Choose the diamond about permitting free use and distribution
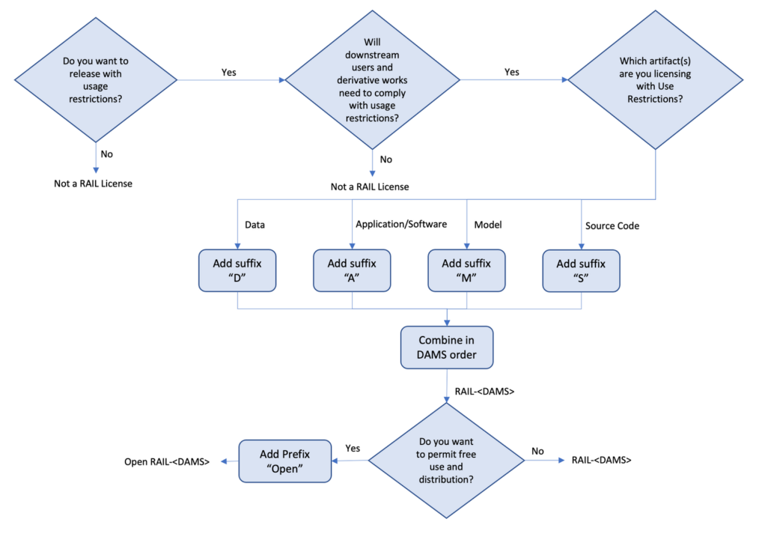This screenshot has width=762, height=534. click(447, 461)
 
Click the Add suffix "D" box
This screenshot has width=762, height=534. click(237, 271)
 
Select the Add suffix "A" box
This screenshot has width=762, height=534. click(352, 271)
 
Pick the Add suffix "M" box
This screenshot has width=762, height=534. click(466, 271)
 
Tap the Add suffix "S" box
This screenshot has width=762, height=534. click(581, 271)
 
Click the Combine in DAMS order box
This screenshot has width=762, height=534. click(447, 348)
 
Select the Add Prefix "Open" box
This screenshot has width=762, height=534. click(284, 461)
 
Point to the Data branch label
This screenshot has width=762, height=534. click(256, 225)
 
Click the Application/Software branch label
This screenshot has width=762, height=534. click(401, 225)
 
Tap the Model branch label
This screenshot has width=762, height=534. click(488, 225)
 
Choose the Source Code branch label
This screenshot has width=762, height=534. click(612, 225)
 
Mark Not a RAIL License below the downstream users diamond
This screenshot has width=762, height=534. click(370, 186)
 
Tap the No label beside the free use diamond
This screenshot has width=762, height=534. click(537, 452)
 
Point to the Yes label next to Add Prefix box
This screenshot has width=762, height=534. click(353, 448)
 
